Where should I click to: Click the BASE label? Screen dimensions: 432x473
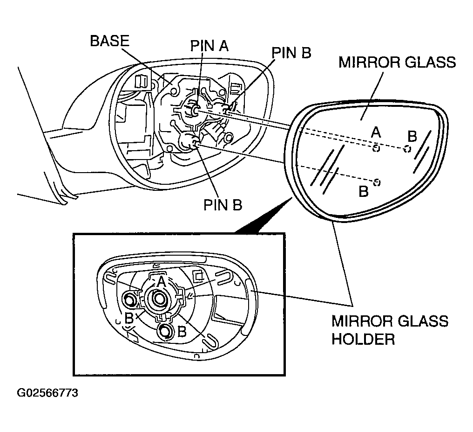pyautogui.click(x=109, y=41)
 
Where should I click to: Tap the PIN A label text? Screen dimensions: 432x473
pyautogui.click(x=212, y=46)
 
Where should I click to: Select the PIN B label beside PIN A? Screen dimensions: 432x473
pyautogui.click(x=291, y=53)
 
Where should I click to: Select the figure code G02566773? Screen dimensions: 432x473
pyautogui.click(x=47, y=393)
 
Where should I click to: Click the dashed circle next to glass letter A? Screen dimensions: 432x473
pyautogui.click(x=376, y=148)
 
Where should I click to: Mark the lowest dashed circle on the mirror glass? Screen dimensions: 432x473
pyautogui.click(x=377, y=182)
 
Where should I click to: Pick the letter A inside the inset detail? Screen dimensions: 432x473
pyautogui.click(x=160, y=282)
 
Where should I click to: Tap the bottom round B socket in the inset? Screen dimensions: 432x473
pyautogui.click(x=165, y=332)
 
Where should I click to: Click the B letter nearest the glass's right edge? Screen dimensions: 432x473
pyautogui.click(x=412, y=136)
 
